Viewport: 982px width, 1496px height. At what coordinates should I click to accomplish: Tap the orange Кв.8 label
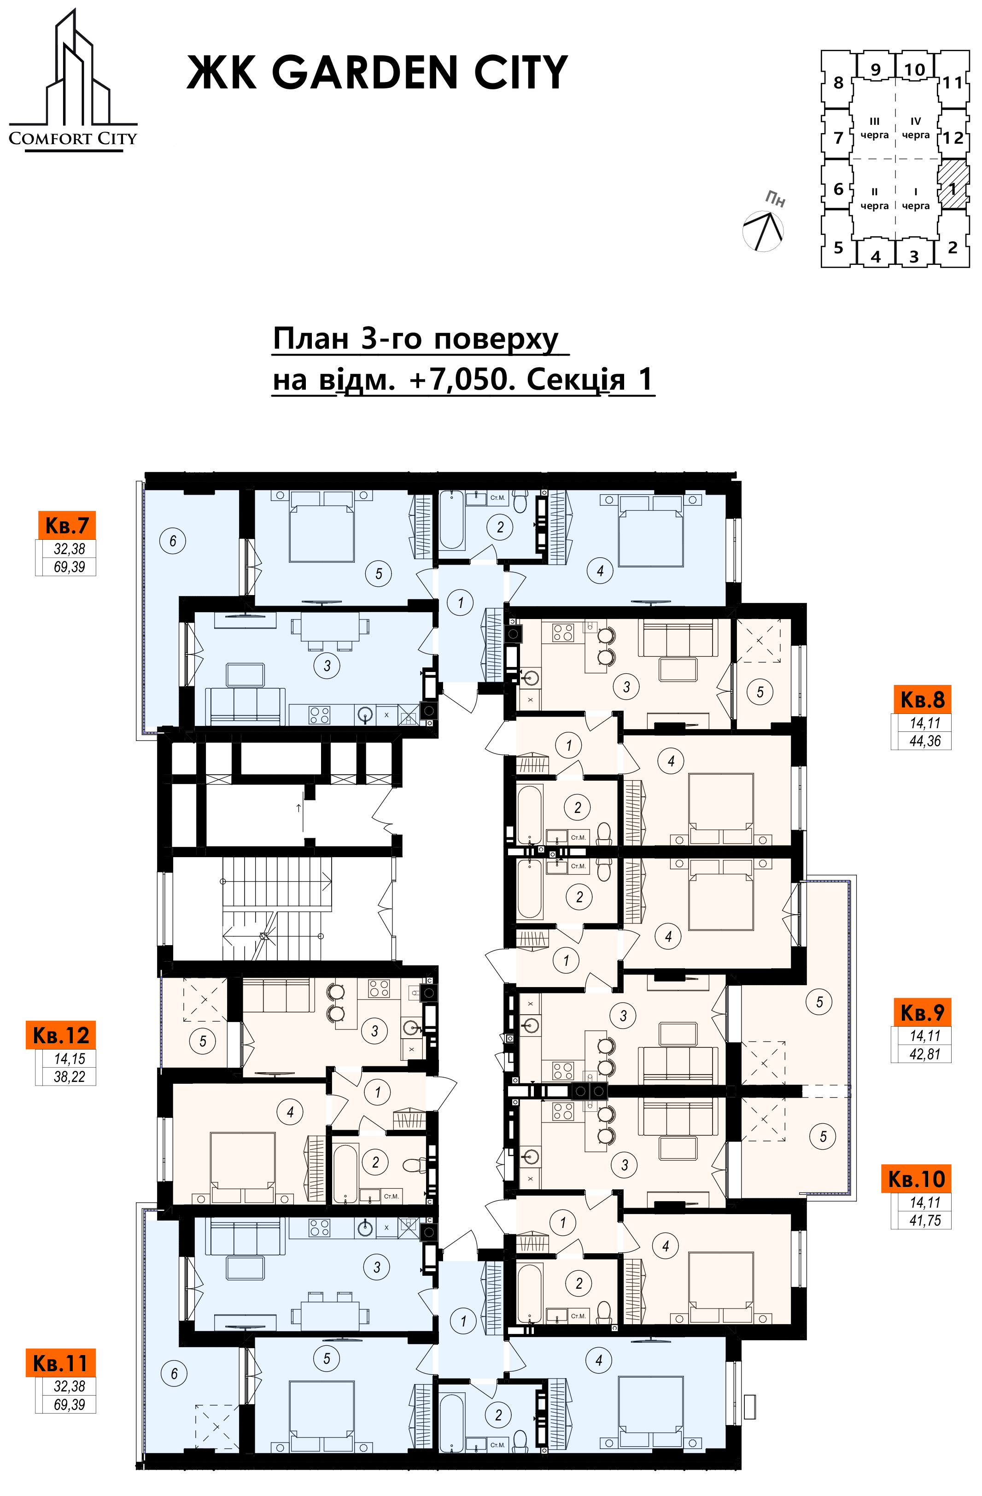[922, 699]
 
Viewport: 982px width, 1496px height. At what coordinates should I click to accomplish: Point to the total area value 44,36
[925, 741]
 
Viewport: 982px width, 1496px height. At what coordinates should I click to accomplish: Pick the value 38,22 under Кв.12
[69, 1077]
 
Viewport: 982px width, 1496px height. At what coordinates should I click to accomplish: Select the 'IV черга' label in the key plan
[915, 128]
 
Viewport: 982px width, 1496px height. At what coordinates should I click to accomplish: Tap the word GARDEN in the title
[365, 73]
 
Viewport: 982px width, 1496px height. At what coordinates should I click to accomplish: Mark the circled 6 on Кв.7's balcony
[173, 541]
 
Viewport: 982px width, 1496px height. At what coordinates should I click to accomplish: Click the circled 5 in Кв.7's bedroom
[379, 573]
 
